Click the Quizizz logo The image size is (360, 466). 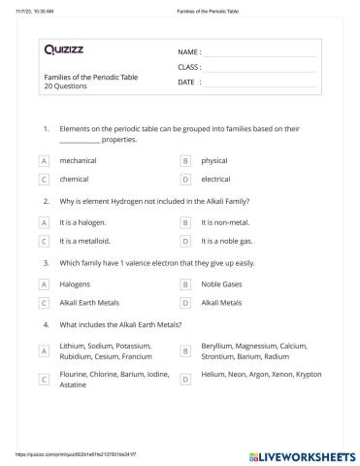point(62,48)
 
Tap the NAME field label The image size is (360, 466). point(189,51)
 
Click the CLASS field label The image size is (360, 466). point(189,67)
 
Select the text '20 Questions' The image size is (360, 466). point(65,86)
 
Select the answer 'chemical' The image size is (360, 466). point(74,180)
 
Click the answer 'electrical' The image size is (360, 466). point(215,180)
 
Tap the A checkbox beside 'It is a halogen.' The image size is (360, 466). point(44,222)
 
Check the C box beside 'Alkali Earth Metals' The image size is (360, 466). point(44,303)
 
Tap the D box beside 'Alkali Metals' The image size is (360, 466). point(185,303)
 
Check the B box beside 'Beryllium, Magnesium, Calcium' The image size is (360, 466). point(185,350)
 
